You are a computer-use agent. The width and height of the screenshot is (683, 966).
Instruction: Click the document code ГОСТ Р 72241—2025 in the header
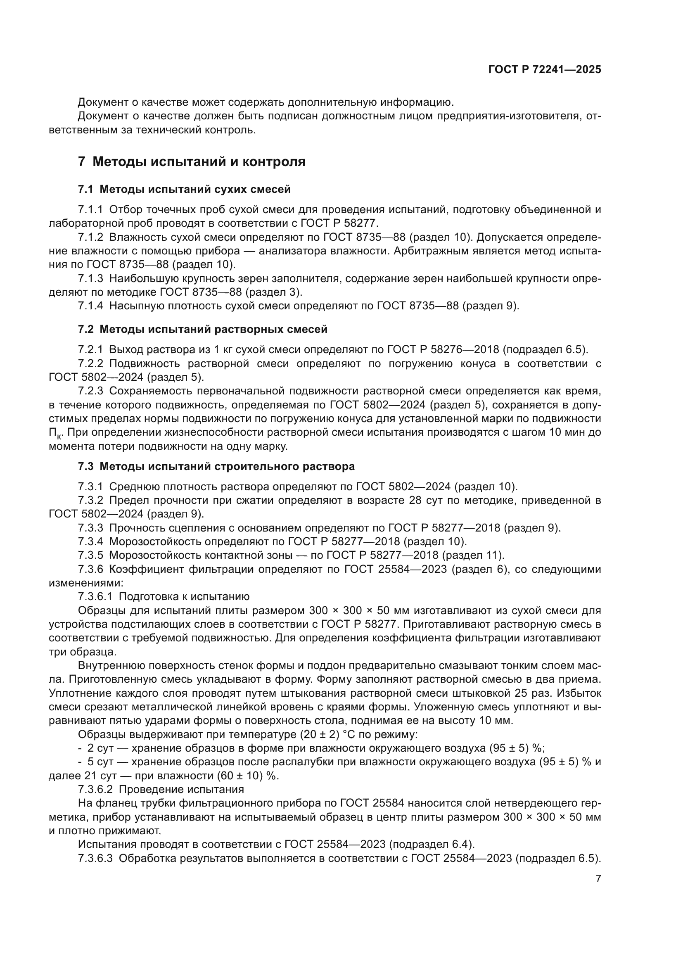click(545, 69)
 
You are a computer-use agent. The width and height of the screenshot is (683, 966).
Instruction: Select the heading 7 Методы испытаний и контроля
click(191, 161)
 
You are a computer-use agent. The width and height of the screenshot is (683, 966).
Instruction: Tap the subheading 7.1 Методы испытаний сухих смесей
click(184, 189)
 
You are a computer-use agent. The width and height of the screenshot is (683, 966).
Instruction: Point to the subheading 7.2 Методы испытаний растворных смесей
click(202, 330)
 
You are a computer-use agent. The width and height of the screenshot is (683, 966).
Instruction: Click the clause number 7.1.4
click(90, 306)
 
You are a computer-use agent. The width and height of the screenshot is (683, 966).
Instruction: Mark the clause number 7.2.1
click(90, 350)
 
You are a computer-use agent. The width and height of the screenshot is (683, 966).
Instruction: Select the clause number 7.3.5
click(90, 555)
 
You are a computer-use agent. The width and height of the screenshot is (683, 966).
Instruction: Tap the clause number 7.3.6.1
click(95, 597)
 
